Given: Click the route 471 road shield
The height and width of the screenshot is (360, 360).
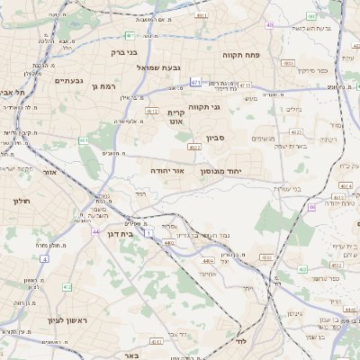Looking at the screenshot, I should pyautogui.click(x=194, y=82).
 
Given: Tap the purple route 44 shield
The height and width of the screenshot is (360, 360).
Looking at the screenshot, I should pyautogui.click(x=95, y=231).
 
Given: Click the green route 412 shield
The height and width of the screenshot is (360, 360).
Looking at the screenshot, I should pyautogui.click(x=67, y=287).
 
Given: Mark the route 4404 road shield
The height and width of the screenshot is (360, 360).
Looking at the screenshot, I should pyautogui.click(x=209, y=260).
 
